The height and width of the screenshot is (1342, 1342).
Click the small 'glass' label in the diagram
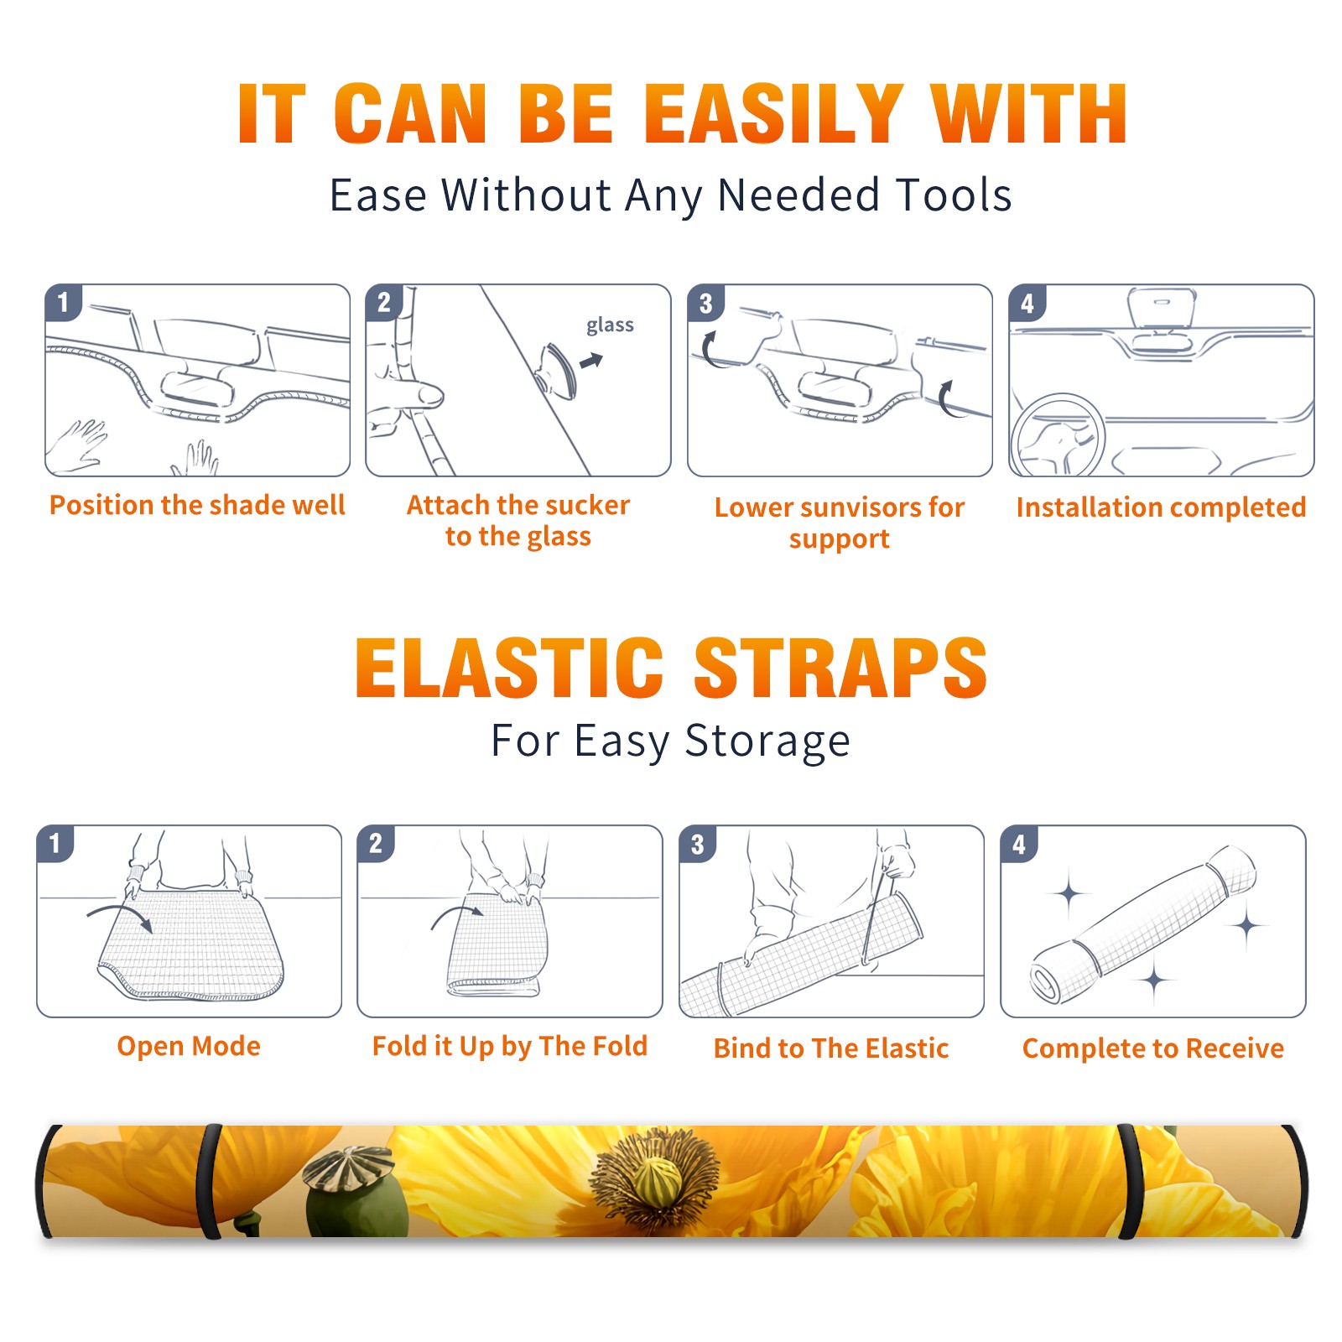610,325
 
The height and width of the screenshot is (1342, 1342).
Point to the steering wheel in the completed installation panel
1058,435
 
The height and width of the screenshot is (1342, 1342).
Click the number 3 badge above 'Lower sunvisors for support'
705,304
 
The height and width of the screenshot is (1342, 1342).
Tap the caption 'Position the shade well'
197,505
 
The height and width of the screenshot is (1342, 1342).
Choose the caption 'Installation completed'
1161,507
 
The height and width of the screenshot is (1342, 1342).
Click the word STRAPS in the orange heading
841,668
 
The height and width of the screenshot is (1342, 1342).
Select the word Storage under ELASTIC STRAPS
767,741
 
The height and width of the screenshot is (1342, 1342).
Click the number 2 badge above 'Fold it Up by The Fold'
375,844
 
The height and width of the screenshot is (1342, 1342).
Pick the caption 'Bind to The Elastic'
831,1048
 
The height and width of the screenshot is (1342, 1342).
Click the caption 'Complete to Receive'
1153,1048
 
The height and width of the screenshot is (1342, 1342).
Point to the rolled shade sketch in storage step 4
1143,924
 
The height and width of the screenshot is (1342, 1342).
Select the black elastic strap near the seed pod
210,1181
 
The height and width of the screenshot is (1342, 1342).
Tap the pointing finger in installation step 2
411,394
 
